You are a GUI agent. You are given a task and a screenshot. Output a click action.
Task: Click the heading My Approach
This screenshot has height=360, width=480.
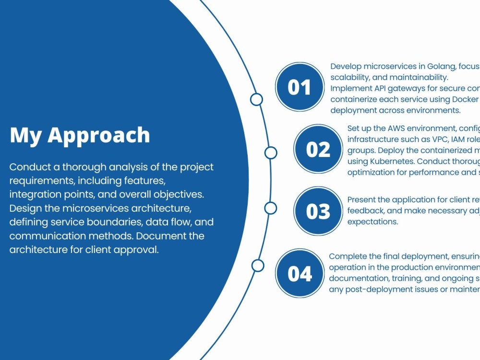[x=80, y=135]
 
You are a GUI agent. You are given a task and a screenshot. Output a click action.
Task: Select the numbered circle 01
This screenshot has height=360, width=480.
[x=300, y=87]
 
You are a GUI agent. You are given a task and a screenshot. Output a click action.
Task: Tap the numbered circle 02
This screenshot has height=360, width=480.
[x=318, y=149]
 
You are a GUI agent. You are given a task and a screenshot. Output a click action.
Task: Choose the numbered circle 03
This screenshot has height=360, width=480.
[x=318, y=211]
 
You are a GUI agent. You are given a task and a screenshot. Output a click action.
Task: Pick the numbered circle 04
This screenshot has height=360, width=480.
[x=300, y=273]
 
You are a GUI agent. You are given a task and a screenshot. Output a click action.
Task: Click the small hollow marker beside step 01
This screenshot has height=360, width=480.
[x=257, y=99]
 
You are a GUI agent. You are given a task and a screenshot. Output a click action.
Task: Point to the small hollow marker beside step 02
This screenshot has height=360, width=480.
[x=271, y=153]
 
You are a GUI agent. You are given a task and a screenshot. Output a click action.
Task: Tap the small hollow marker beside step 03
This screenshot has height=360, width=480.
[x=271, y=208]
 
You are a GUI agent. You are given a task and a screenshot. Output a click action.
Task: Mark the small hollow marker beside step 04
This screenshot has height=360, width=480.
[x=258, y=265]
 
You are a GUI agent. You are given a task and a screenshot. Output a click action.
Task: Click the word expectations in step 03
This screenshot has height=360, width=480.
[x=372, y=222]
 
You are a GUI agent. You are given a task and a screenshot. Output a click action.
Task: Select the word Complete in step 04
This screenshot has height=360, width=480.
[x=348, y=257]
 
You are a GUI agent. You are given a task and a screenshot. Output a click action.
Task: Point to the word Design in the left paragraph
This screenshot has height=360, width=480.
[x=24, y=209]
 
